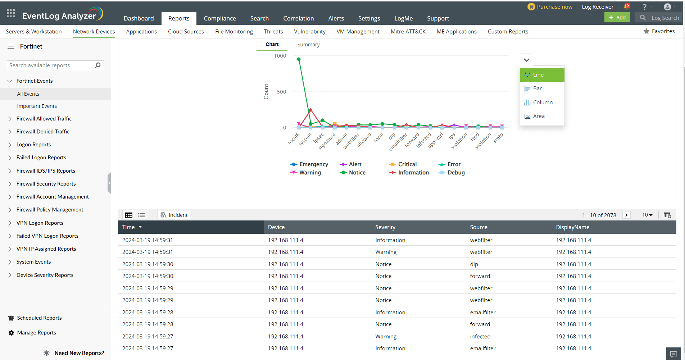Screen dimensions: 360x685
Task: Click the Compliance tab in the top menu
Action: point(220,18)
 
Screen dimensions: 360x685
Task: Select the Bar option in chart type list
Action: point(537,88)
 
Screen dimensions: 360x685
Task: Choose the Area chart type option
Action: point(539,116)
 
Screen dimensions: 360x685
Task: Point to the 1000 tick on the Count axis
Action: point(280,56)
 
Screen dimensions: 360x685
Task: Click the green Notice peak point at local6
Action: point(299,59)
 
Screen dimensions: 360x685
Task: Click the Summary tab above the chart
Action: point(308,45)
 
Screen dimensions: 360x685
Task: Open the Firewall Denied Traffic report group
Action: point(43,132)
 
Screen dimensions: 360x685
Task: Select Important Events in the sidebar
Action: point(37,106)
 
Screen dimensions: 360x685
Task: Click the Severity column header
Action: point(385,227)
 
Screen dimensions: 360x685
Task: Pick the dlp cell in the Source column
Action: point(474,264)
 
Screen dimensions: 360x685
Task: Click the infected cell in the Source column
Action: point(480,337)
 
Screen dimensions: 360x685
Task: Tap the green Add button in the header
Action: point(617,18)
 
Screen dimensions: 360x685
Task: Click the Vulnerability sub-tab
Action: point(309,32)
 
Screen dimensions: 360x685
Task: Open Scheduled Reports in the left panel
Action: point(39,318)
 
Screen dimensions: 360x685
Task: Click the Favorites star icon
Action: point(647,31)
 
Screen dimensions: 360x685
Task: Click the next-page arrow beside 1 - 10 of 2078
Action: point(626,215)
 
